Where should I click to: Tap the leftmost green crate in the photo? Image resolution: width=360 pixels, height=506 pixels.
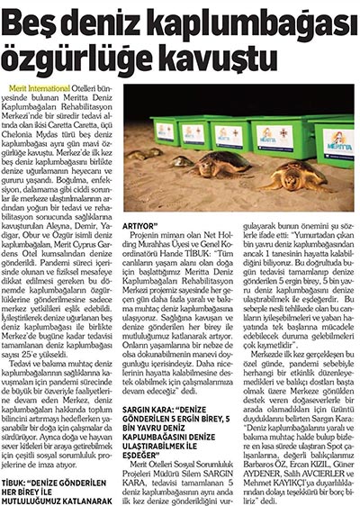point(164,130)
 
